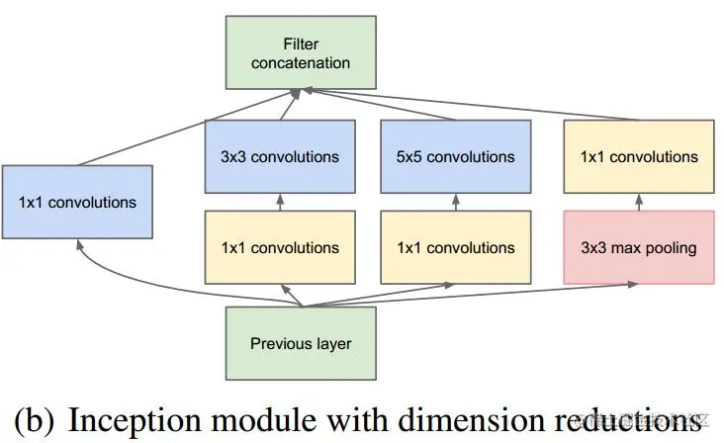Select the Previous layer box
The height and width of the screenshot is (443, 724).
[x=301, y=344]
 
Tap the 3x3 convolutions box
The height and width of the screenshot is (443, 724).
[x=279, y=156]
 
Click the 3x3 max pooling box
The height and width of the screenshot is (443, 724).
[x=639, y=247]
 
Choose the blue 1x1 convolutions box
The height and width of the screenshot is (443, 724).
[x=77, y=202]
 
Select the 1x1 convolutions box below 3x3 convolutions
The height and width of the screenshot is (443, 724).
[x=279, y=247]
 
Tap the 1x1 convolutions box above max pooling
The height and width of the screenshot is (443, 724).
[x=639, y=156]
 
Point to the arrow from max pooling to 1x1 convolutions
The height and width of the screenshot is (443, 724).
[x=639, y=201]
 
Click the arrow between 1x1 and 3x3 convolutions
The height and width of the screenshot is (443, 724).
[x=279, y=201]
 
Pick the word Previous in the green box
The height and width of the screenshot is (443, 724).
[x=279, y=344]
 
